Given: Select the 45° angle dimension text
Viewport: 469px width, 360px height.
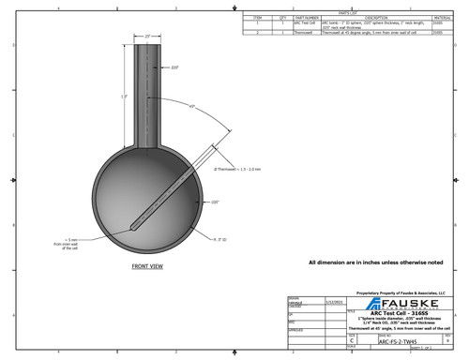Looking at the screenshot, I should [193, 107].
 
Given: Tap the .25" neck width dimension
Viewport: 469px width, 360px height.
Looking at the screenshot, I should [148, 36].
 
